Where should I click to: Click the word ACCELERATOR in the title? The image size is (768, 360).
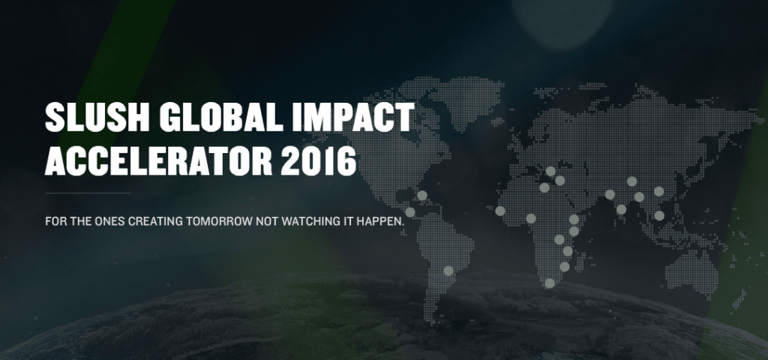158,161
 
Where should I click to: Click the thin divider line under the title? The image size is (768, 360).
88,193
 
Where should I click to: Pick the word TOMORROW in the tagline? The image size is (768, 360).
219,221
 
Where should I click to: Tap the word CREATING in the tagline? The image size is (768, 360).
156,221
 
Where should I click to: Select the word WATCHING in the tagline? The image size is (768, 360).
305,221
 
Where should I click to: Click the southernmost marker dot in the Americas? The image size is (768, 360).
448,270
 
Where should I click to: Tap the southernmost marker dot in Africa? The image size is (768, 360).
550,283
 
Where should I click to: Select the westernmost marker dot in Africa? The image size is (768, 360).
500,211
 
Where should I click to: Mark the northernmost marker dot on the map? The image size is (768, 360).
550,171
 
